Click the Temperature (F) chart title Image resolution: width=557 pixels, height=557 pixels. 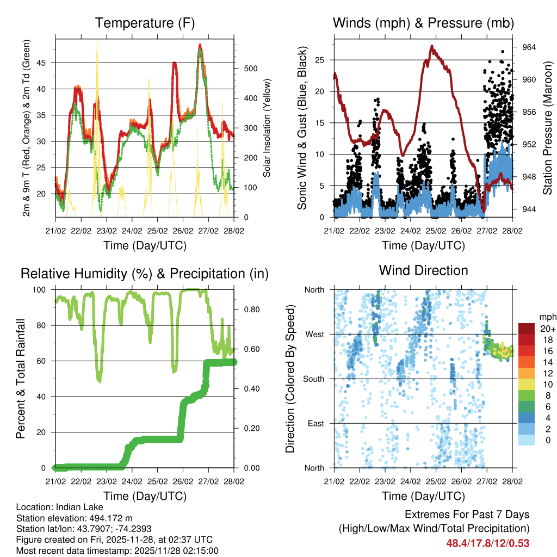pos(145,23)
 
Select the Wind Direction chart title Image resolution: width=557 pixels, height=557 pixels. pos(423,270)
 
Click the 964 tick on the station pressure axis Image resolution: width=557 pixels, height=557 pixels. pos(529,47)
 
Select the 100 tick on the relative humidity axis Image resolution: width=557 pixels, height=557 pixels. pos(45,290)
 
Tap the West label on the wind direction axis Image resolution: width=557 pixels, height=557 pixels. pos(314,335)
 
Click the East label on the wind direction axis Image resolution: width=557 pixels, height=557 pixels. pos(315,424)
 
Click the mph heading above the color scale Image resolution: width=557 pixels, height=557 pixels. pos(546,317)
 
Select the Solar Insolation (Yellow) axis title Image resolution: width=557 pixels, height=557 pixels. pos(267,128)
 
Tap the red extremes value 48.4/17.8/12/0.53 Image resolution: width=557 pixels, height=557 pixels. pos(488,543)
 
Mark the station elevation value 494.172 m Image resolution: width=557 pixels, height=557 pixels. pos(109,518)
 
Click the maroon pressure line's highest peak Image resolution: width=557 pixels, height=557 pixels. pos(432,46)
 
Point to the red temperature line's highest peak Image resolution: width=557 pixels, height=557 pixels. pos(200,45)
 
